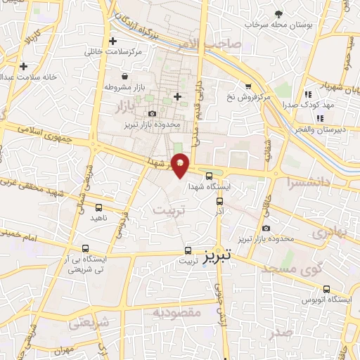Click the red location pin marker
coord(181,164)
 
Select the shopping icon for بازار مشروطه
coord(124,76)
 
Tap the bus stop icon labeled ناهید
coord(98,207)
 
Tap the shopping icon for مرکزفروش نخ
coord(247,86)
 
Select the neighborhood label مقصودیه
coord(177,311)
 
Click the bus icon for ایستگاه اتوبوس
coord(326,289)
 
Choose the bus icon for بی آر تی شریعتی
coord(85,248)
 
